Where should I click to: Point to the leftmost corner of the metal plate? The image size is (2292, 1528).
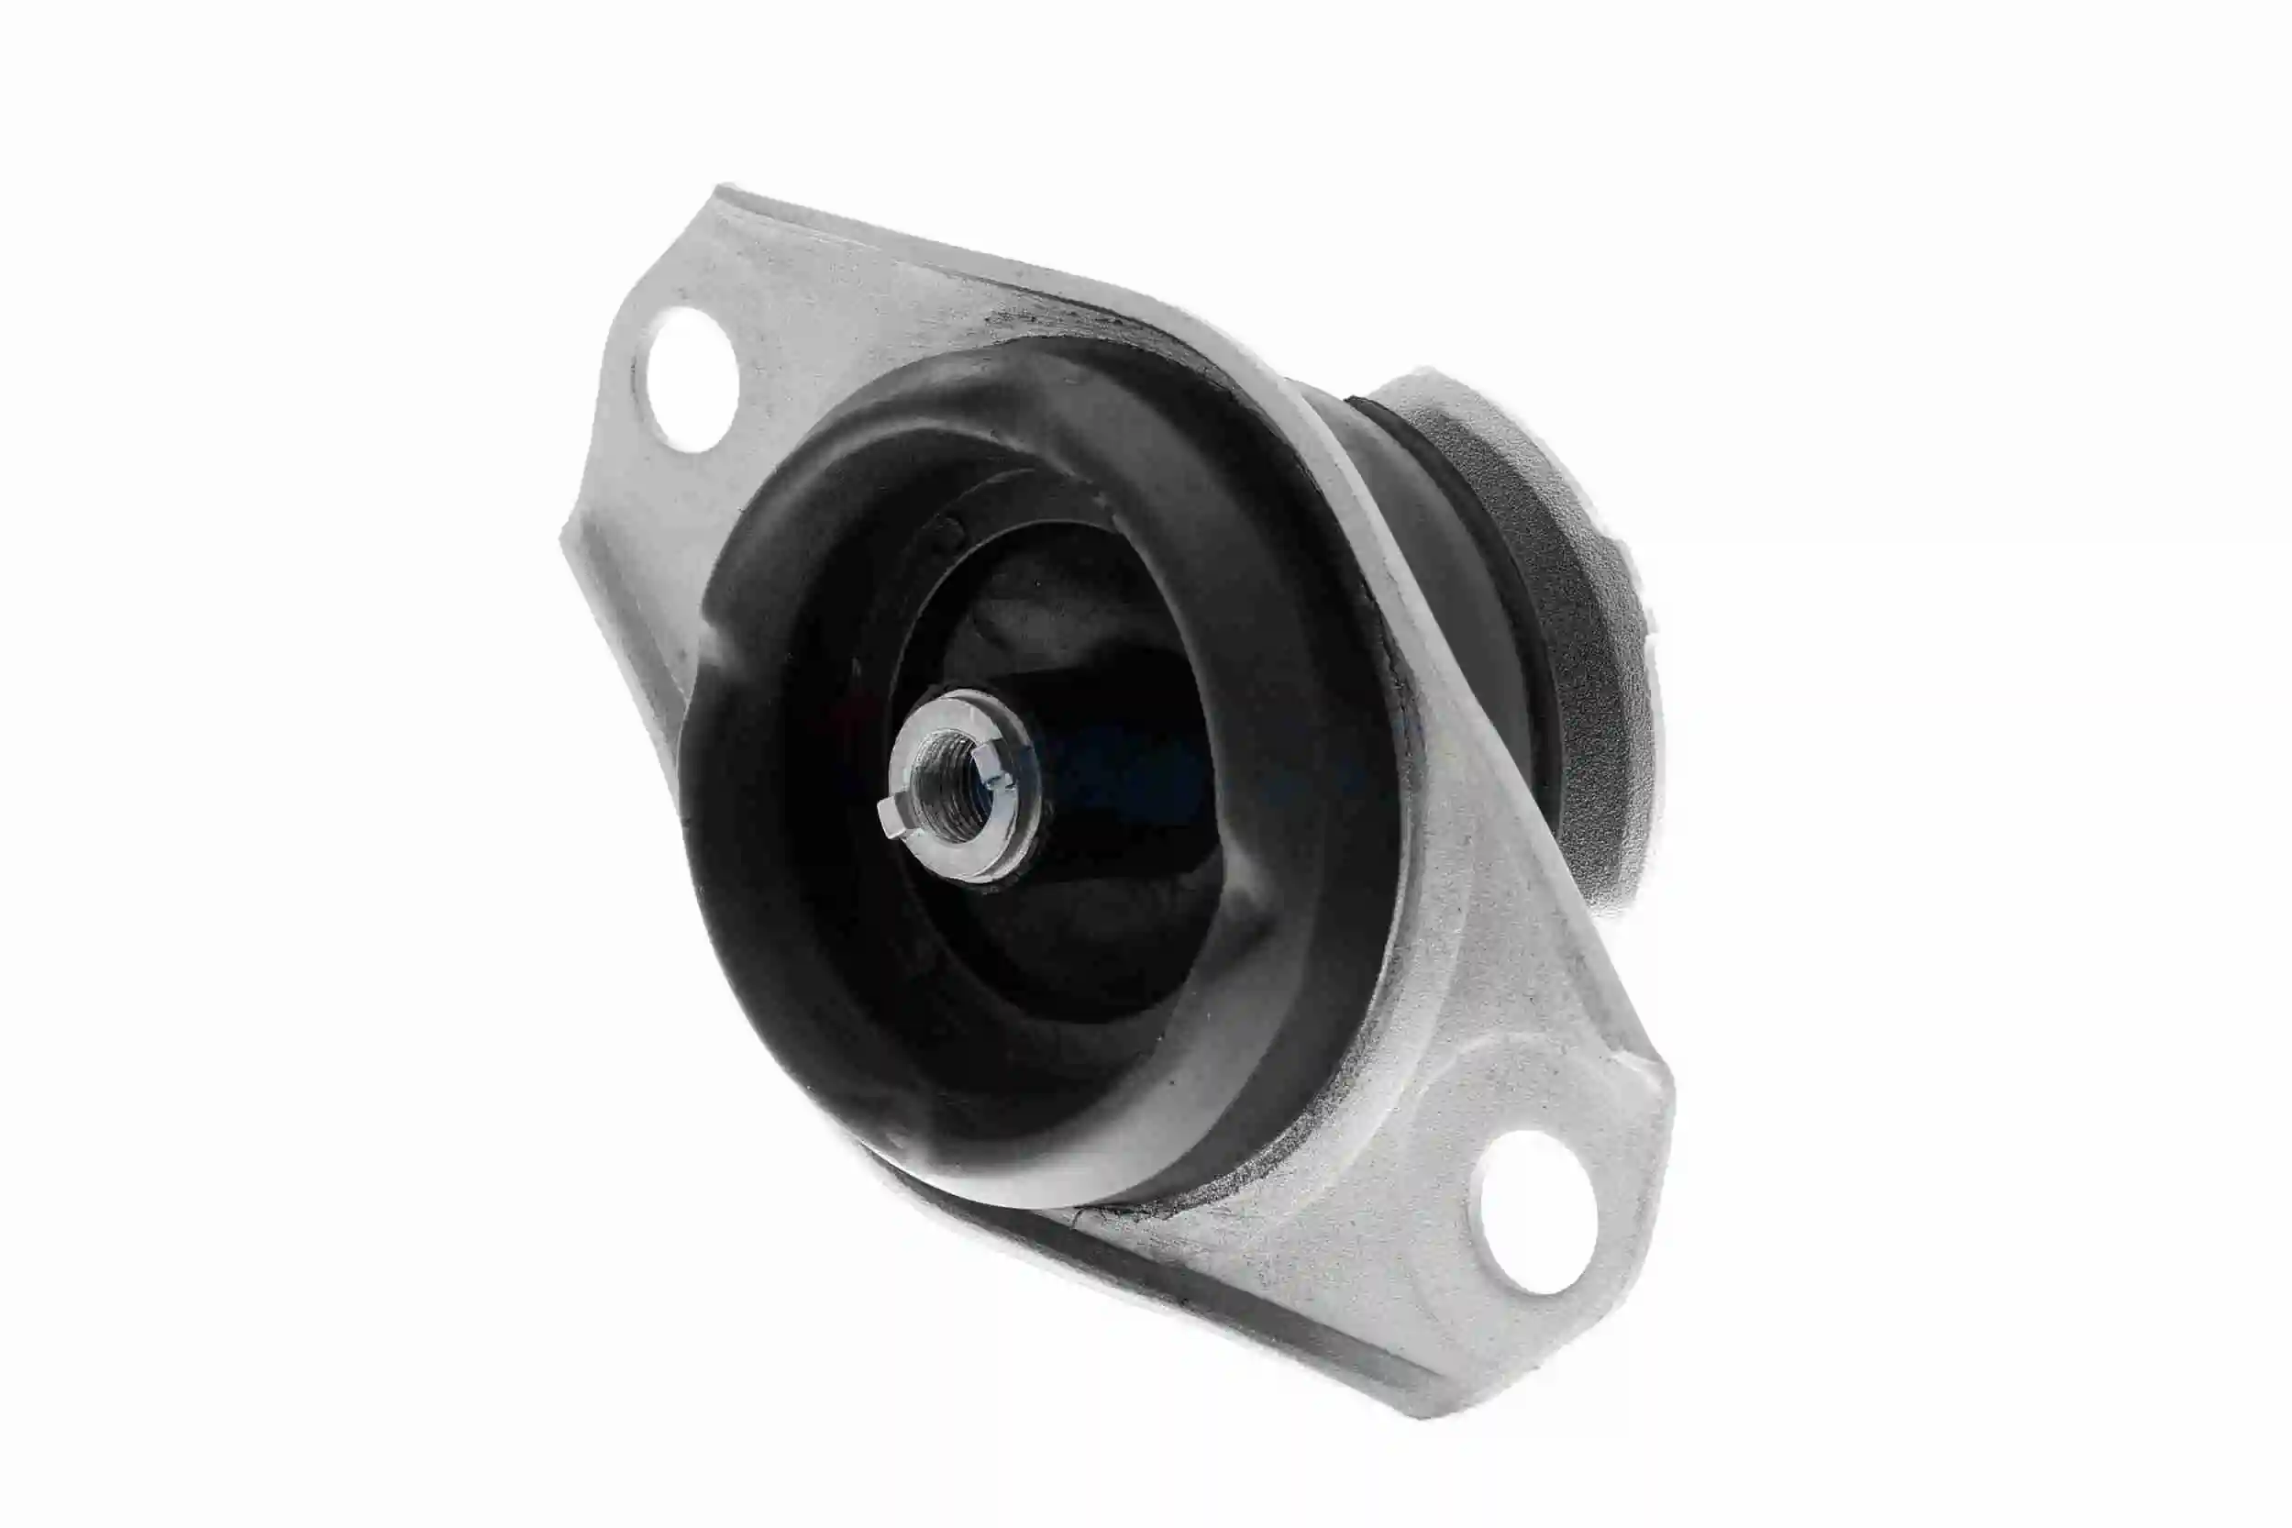coord(565,541)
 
